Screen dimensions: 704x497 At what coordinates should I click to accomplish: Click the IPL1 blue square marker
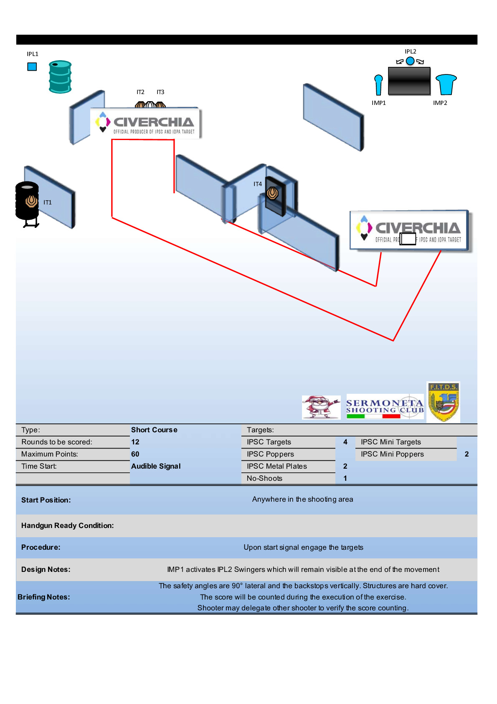[x=32, y=66]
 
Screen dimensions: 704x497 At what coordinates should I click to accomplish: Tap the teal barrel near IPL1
[x=60, y=77]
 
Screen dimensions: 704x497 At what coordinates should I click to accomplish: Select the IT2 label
[x=140, y=92]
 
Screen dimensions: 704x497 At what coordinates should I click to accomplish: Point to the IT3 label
[x=160, y=92]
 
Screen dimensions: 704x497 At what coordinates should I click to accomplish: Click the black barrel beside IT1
[x=27, y=201]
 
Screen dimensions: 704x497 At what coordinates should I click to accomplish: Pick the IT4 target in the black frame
[x=273, y=193]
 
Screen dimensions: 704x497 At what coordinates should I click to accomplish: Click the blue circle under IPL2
[x=410, y=61]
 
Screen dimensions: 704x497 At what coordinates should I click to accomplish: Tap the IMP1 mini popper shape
[x=378, y=85]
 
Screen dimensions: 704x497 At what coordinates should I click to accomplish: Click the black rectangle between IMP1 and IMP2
[x=409, y=81]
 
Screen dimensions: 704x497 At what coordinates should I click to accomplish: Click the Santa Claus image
[x=321, y=407]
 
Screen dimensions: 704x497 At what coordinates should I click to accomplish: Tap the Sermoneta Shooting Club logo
[x=385, y=406]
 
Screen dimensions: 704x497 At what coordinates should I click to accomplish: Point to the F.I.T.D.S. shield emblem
[x=443, y=402]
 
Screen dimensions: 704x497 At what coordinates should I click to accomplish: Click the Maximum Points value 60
[x=135, y=454]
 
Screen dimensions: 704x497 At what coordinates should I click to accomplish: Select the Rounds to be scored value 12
[x=135, y=442]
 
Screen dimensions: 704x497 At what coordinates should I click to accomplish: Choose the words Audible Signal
[x=156, y=466]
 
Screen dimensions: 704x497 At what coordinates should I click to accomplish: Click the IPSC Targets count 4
[x=345, y=442]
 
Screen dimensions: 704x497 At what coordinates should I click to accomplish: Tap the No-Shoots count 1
[x=345, y=478]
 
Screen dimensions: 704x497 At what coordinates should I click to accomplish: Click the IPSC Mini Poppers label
[x=392, y=454]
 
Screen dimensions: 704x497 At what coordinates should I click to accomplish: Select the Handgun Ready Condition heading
[x=67, y=525]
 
